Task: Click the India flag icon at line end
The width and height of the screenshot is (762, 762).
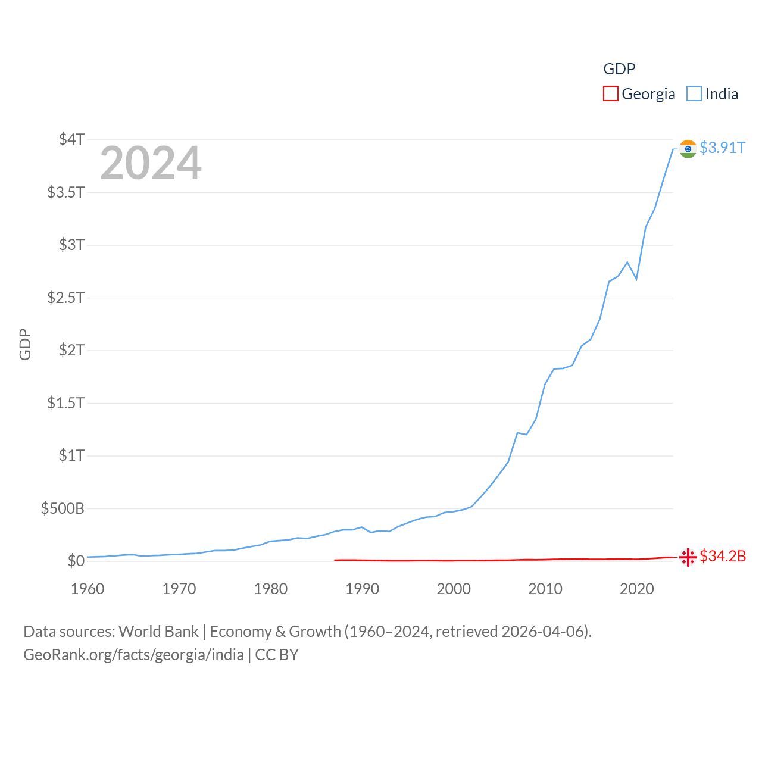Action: pyautogui.click(x=688, y=148)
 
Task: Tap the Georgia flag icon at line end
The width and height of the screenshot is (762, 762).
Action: pyautogui.click(x=688, y=557)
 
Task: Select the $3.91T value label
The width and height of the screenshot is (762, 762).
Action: pyautogui.click(x=722, y=148)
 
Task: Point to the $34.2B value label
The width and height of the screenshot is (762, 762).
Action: pyautogui.click(x=723, y=556)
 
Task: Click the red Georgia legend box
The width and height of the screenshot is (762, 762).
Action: pyautogui.click(x=610, y=94)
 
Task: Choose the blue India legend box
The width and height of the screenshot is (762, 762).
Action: pyautogui.click(x=694, y=94)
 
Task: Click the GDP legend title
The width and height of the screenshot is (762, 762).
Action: pyautogui.click(x=619, y=69)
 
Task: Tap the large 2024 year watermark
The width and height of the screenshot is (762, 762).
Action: pyautogui.click(x=151, y=163)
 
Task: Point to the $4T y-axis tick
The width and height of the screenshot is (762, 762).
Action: pyautogui.click(x=71, y=139)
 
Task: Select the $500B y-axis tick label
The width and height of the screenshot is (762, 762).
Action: pyautogui.click(x=63, y=508)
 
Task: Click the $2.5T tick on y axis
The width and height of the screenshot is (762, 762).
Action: pyautogui.click(x=65, y=297)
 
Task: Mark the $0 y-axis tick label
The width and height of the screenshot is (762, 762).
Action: pyautogui.click(x=76, y=561)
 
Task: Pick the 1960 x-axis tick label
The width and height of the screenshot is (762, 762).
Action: pyautogui.click(x=88, y=589)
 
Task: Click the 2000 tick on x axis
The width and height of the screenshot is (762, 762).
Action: pyautogui.click(x=454, y=589)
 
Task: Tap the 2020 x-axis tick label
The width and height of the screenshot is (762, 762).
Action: pyautogui.click(x=636, y=589)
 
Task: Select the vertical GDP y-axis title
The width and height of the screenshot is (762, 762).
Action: pyautogui.click(x=25, y=344)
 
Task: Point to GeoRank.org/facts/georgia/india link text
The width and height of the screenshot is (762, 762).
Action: pyautogui.click(x=133, y=655)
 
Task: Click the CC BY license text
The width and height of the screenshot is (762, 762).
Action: pyautogui.click(x=277, y=655)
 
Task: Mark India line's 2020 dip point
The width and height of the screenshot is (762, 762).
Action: pyautogui.click(x=636, y=279)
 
